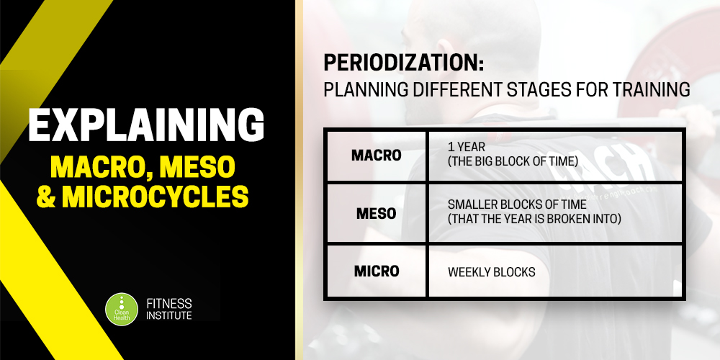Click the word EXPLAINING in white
coord(146,125)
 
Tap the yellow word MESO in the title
coord(197,168)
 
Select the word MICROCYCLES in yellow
coord(156,196)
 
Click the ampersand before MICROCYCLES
coord(46,196)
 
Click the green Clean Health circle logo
coord(122,309)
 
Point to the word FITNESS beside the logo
coord(169,304)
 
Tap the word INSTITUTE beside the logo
coord(169,315)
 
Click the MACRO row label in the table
coord(376,156)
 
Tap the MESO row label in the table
coord(376,214)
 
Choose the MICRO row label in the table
coord(376,271)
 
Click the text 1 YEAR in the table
coord(466,148)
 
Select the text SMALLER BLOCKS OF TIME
coord(517,204)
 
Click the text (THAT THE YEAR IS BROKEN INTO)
coord(534,219)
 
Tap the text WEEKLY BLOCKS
coord(491,272)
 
